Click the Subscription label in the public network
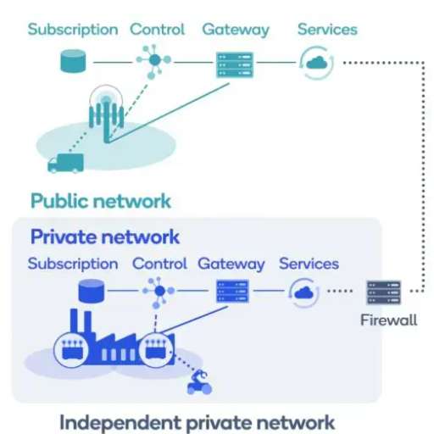[x=73, y=30]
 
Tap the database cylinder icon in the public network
[x=73, y=62]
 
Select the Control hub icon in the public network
[x=154, y=62]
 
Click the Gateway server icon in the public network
[x=235, y=64]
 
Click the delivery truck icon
[x=65, y=162]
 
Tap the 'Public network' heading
[x=100, y=201]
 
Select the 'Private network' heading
[x=105, y=236]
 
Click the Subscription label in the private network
[x=73, y=264]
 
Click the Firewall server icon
[x=383, y=292]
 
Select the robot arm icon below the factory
[x=199, y=383]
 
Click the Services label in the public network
[x=327, y=30]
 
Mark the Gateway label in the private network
[x=231, y=264]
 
